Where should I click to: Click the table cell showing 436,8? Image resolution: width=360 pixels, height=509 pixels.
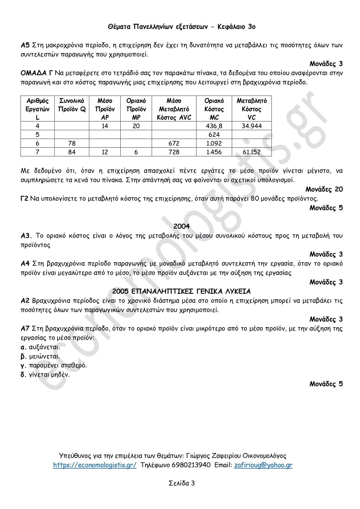(214, 126)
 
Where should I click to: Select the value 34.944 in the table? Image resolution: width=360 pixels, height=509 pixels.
(252, 126)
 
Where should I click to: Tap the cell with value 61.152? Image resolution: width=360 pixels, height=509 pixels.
(252, 152)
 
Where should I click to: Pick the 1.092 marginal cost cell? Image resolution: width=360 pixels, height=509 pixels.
(214, 143)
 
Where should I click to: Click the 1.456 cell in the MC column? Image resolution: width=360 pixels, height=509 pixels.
(214, 152)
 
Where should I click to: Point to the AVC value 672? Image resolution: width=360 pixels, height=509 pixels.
(174, 143)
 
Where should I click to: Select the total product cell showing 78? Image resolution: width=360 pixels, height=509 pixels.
(72, 143)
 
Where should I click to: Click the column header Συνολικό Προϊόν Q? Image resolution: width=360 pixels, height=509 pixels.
(72, 105)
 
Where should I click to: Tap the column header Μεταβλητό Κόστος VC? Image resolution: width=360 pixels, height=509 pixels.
(252, 109)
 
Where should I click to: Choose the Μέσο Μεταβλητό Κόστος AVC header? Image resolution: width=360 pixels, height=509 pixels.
(174, 109)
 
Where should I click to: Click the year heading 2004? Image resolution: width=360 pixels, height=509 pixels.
(181, 226)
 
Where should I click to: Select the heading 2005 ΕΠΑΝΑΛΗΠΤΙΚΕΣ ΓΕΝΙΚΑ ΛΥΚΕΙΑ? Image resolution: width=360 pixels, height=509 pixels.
(181, 291)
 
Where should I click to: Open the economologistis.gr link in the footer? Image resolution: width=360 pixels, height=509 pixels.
(95, 465)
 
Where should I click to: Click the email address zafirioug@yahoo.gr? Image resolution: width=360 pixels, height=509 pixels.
(263, 465)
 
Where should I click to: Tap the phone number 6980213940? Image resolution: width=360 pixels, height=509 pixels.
(191, 465)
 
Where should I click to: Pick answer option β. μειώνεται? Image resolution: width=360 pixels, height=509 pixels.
(40, 356)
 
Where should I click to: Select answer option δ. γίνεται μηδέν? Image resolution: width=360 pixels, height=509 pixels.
(45, 375)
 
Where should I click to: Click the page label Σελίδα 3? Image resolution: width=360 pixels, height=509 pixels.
(182, 483)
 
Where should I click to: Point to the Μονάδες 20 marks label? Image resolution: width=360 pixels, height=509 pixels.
(324, 189)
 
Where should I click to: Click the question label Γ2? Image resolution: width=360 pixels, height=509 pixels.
(24, 199)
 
